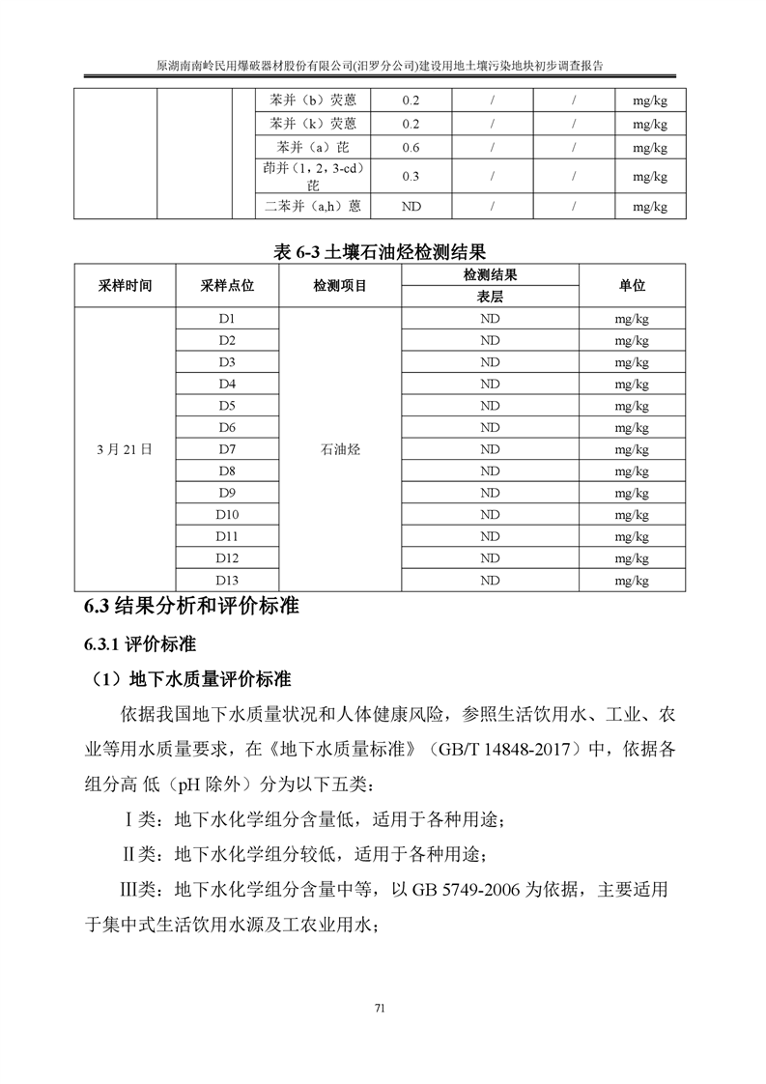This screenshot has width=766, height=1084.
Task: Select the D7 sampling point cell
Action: [x=227, y=449]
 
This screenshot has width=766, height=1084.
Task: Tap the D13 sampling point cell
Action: [x=227, y=580]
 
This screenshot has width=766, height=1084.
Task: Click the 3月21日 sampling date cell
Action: [x=125, y=449]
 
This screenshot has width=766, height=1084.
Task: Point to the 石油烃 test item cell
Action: [x=338, y=449]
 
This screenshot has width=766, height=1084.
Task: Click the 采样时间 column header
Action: [x=125, y=286]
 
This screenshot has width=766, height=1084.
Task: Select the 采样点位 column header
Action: [x=227, y=286]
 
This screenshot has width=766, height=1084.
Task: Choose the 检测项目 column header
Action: [x=338, y=286]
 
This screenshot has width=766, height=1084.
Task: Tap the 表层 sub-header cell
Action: [x=489, y=297]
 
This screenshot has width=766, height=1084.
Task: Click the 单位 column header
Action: [x=632, y=286]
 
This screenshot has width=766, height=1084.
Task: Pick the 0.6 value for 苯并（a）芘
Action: [x=411, y=148]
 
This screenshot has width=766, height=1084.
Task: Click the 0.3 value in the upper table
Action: [x=411, y=176]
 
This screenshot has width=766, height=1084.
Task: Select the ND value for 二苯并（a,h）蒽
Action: [x=411, y=206]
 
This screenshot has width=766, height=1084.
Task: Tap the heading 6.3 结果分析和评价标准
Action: [x=191, y=607]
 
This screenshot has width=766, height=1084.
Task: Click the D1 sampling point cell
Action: [x=227, y=319]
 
